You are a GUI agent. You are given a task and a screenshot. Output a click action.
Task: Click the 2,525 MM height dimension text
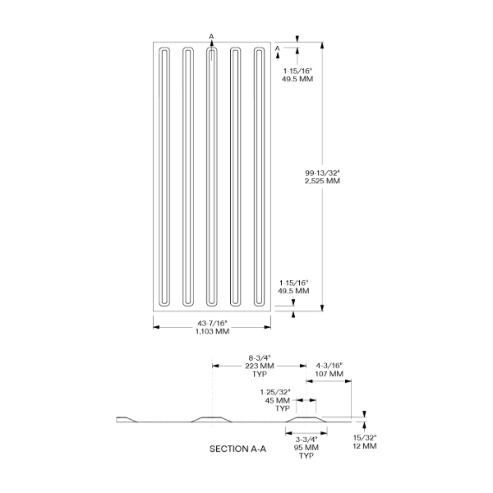point(322,181)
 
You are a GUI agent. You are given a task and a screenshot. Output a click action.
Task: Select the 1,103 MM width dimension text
point(212,331)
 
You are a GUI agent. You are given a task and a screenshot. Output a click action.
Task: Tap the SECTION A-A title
point(237,449)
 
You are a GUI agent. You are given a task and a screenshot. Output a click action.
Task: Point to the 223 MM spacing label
point(260,366)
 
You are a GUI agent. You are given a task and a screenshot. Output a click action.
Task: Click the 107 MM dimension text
point(329,374)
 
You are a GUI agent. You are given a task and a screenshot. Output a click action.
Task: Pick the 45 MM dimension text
point(278,401)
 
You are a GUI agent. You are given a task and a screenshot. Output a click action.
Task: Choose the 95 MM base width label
point(306,448)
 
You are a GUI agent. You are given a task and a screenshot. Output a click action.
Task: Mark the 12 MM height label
point(364,446)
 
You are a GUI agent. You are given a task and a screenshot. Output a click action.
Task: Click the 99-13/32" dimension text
point(323,173)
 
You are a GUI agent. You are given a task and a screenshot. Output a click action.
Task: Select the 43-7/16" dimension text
point(212,323)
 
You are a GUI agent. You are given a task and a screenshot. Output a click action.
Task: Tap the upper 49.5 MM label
point(297,79)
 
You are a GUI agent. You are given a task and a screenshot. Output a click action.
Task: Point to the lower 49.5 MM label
point(293,291)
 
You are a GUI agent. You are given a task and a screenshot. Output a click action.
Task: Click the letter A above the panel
point(211,36)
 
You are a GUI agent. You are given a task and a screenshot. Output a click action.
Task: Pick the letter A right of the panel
point(278,48)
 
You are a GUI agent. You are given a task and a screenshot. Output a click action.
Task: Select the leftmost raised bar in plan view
point(164,177)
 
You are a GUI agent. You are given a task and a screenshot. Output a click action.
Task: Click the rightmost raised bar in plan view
point(259,177)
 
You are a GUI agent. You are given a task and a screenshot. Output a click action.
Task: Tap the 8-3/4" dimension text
point(260,357)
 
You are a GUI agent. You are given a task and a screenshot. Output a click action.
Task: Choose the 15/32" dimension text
point(365,438)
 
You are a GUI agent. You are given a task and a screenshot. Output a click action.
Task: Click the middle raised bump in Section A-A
point(211,419)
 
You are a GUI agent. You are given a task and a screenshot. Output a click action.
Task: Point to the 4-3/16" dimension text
point(329,366)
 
